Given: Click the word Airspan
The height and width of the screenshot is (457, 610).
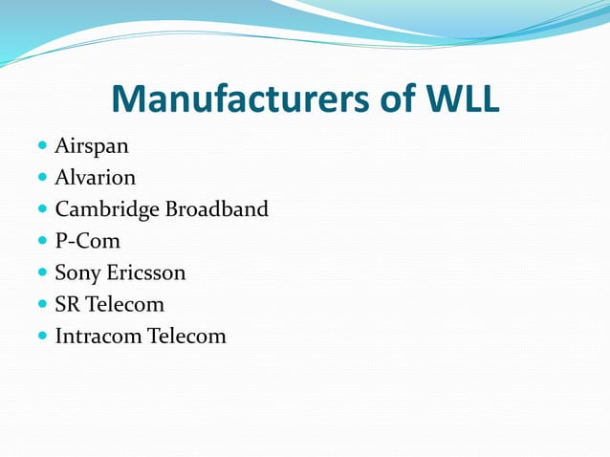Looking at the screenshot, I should click(92, 146).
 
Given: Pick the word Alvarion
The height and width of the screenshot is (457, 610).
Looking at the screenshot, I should click(96, 178).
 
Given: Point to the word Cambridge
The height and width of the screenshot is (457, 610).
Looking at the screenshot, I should click(107, 209).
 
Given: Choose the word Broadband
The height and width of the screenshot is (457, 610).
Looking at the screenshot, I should click(217, 209).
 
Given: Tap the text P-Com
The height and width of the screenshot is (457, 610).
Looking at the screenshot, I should click(88, 241).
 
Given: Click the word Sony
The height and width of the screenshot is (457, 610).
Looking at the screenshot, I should click(77, 272).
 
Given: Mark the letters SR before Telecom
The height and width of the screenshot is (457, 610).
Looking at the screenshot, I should click(68, 304).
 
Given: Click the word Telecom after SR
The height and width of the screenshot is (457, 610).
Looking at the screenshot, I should click(125, 304).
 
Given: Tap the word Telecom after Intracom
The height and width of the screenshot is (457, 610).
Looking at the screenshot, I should click(186, 336).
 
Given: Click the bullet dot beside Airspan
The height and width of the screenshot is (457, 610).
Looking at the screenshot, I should click(42, 147).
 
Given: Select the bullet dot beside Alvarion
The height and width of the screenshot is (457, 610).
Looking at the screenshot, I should click(42, 179).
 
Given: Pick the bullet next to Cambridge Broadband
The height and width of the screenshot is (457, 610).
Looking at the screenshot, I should click(42, 210).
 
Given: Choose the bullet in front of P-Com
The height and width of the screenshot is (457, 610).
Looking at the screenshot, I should click(42, 242).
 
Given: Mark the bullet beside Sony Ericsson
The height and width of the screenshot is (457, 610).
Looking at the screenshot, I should click(42, 273).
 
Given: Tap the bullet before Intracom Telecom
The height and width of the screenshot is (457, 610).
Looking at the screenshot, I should click(42, 337).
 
